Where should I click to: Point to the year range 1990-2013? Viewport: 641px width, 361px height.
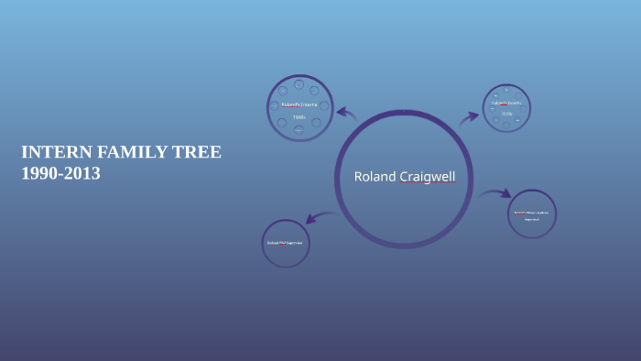click(x=60, y=173)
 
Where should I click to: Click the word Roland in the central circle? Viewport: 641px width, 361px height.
click(x=375, y=177)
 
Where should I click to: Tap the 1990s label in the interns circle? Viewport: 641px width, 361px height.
click(x=299, y=118)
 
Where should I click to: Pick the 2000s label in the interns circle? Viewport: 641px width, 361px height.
click(x=506, y=115)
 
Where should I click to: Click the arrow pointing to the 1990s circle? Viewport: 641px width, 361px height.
click(x=346, y=114)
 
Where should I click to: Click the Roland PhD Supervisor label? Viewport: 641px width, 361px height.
click(x=285, y=243)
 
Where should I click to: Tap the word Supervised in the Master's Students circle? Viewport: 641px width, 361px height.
click(x=532, y=220)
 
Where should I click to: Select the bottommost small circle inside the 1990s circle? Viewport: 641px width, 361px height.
click(x=299, y=131)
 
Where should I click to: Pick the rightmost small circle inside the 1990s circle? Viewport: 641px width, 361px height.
click(x=324, y=106)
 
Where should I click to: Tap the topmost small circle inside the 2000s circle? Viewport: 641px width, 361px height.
click(x=506, y=89)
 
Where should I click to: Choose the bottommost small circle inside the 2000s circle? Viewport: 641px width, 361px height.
click(x=506, y=126)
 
